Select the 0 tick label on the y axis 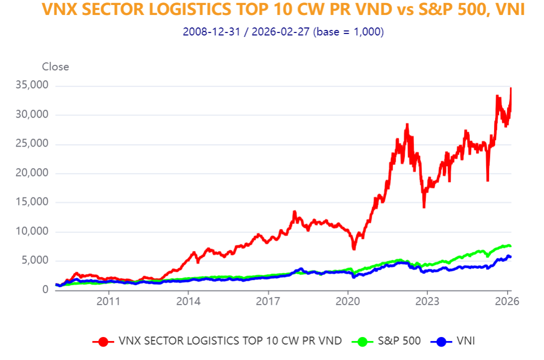[x=45, y=290]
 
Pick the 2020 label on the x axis [x=348, y=302]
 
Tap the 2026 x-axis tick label [x=507, y=302]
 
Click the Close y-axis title [x=55, y=67]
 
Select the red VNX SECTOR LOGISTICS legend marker [x=103, y=342]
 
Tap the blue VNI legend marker [x=440, y=342]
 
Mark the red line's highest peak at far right [x=511, y=88]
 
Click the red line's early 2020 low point [x=354, y=249]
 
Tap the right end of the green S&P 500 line [x=511, y=246]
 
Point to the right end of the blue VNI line [x=511, y=257]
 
